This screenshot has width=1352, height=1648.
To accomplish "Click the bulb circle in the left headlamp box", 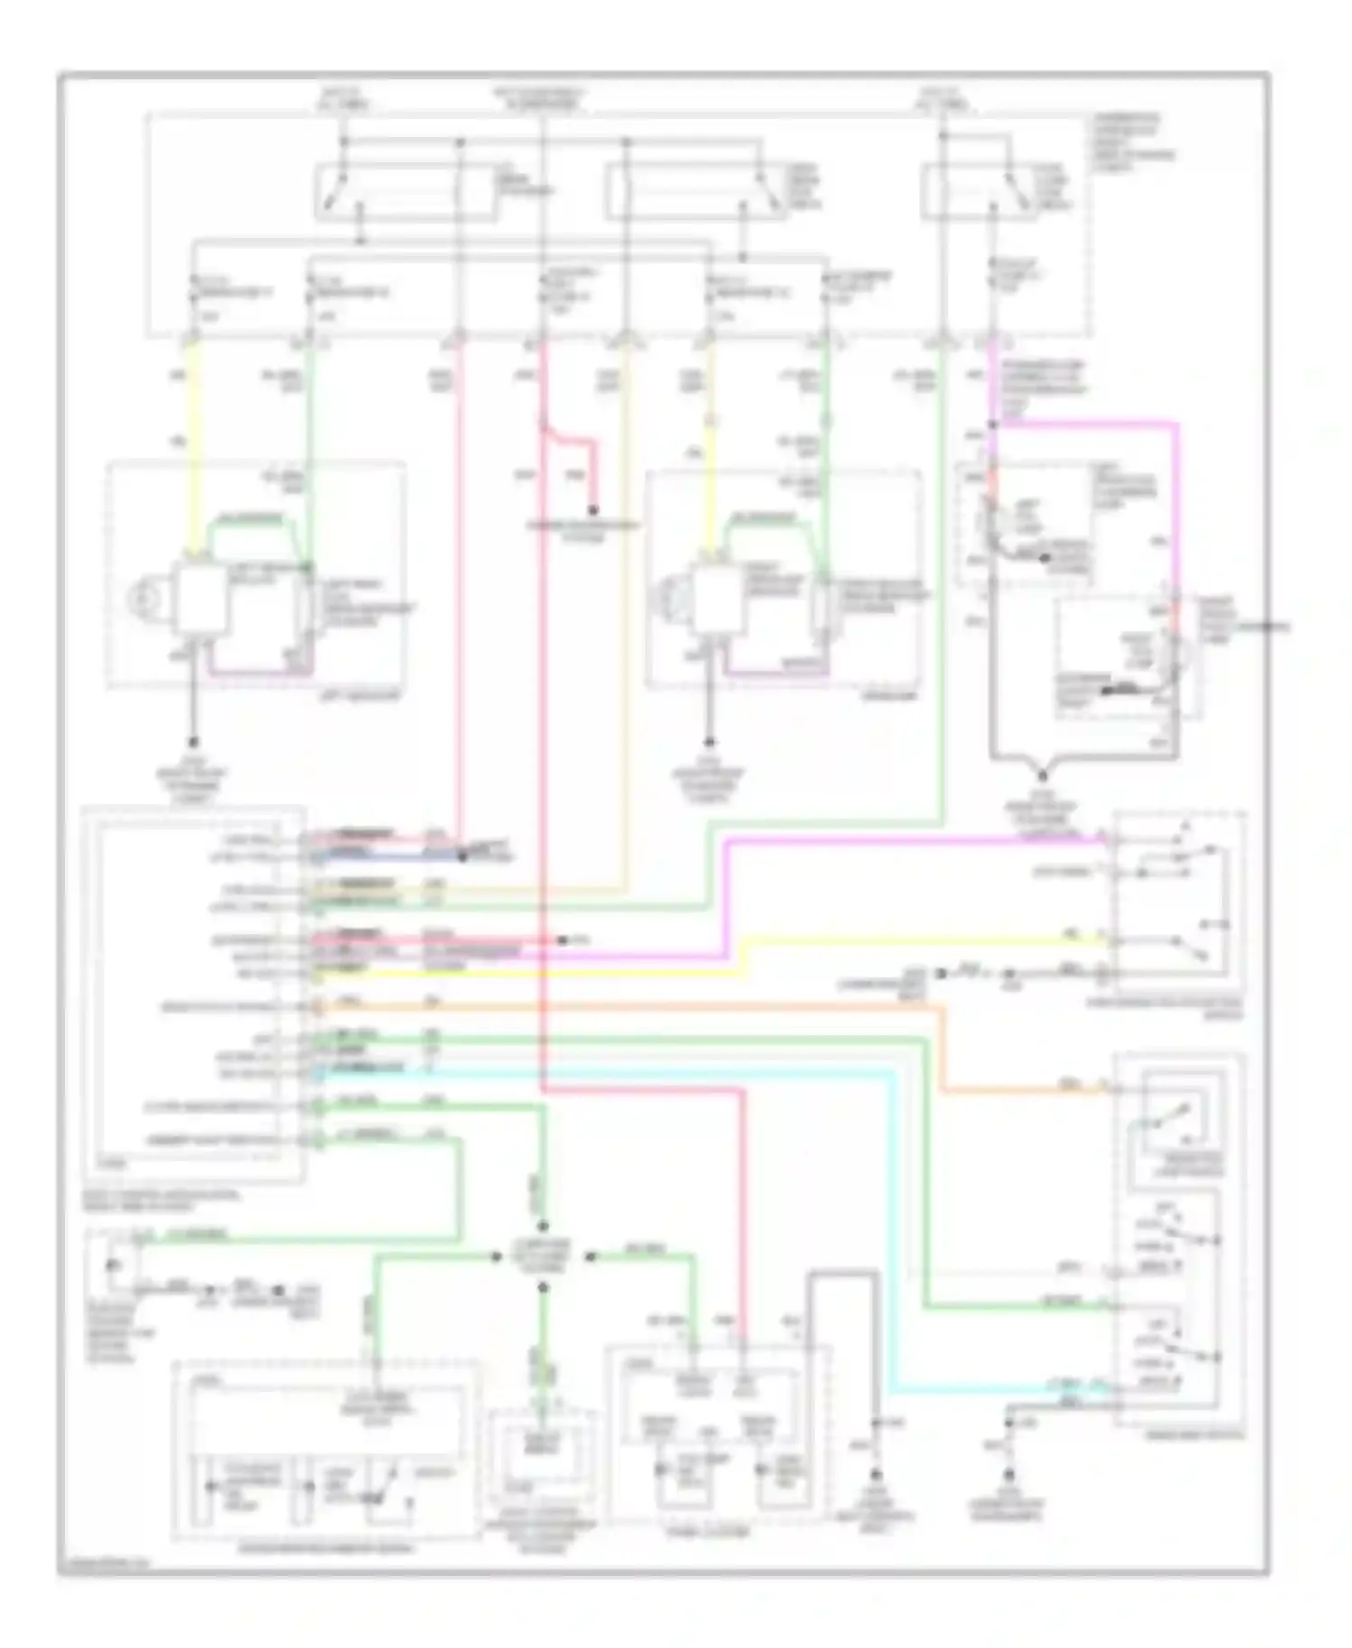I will (142, 598).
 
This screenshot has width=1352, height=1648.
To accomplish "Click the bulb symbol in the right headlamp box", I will (668, 597).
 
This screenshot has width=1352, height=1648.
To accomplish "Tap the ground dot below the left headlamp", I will (192, 743).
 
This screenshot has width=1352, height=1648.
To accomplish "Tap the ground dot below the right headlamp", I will (710, 743).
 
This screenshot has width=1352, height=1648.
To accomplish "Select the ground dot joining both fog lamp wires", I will (1043, 775).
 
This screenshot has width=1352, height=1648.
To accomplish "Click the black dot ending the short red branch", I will (594, 510).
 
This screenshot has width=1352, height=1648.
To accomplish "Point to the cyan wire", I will (631, 1072).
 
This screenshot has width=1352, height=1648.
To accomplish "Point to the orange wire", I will (631, 1006).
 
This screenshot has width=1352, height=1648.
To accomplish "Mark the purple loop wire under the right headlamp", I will (775, 671).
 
